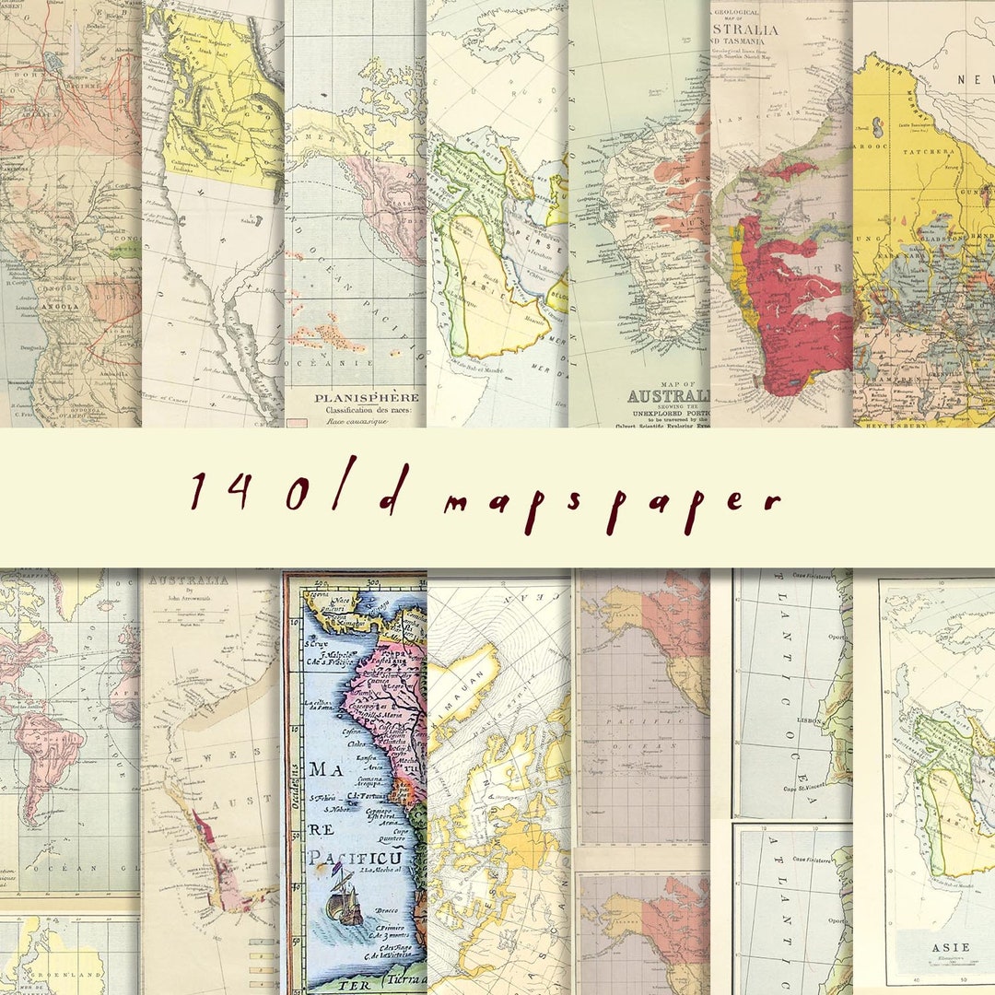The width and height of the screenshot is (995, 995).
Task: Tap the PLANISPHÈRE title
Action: click(355, 398)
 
